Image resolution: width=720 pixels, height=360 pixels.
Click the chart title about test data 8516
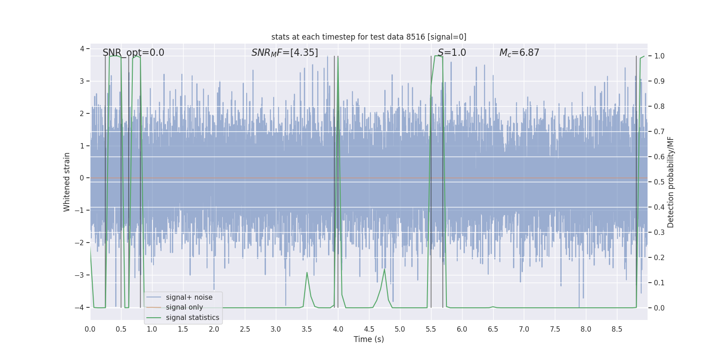point(369,37)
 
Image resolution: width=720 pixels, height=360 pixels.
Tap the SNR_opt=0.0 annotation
point(133,53)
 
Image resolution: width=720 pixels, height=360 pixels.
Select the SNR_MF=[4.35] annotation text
point(284,53)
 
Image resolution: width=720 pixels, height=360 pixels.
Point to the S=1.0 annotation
point(452,53)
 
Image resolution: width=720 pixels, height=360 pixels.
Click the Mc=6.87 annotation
point(519,53)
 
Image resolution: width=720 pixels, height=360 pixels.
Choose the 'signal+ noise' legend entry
point(189,297)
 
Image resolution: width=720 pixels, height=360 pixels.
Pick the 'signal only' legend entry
point(184,307)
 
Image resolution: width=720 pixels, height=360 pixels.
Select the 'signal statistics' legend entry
point(192,318)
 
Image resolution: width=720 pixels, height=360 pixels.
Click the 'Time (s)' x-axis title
point(369,339)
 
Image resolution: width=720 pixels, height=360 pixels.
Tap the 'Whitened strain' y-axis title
point(67,182)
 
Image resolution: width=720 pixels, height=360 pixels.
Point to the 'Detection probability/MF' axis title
point(670,182)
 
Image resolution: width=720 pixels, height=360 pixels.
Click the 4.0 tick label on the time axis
point(338,329)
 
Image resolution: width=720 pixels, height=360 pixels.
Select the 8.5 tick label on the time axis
point(616,329)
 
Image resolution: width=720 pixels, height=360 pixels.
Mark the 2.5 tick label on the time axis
point(245,329)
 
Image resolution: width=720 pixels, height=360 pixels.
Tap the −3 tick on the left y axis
point(81,275)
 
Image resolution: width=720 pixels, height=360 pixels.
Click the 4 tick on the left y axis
point(82,49)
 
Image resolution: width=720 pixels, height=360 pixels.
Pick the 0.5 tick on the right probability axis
point(659,182)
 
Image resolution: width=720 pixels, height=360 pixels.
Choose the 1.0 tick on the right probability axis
point(659,56)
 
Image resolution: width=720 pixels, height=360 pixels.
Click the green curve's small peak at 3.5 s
point(307,272)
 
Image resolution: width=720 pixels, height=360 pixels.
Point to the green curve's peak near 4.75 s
point(384,269)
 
